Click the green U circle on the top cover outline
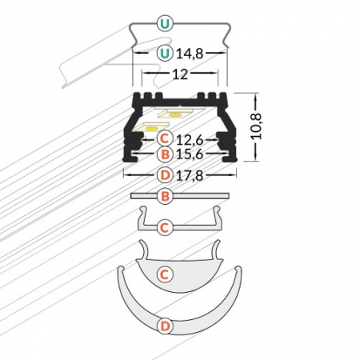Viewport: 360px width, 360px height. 164,23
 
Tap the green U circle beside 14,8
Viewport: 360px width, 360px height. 164,54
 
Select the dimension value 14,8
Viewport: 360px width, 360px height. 189,54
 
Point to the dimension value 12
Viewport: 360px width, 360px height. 180,74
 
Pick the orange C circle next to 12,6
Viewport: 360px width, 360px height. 164,138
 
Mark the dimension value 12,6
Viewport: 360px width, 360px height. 189,138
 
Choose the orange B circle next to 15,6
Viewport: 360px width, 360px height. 164,154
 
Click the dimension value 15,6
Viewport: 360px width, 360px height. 189,154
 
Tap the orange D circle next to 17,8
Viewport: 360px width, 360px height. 164,174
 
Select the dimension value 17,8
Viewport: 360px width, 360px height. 189,174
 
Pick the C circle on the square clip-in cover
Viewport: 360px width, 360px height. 163,228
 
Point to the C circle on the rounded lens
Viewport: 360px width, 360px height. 163,274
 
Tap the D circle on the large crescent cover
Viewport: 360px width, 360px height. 163,326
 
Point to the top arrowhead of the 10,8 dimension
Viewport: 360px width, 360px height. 256,95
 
